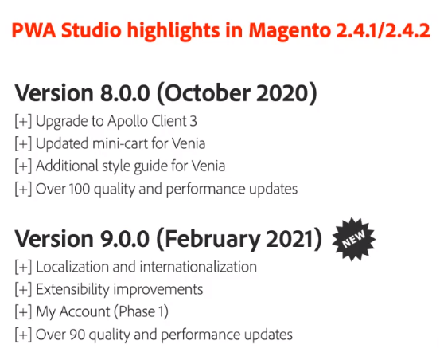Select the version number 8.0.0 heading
point(127,94)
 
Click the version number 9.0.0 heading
point(127,239)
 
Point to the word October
point(209,94)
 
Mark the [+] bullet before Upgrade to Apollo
point(23,122)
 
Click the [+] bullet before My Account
point(23,311)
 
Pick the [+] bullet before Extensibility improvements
point(23,289)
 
